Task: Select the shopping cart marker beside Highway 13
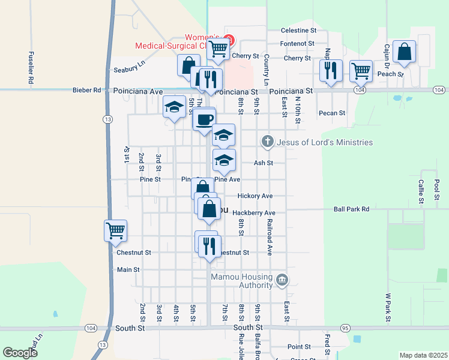pyautogui.click(x=115, y=230)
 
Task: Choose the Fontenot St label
pyautogui.click(x=298, y=43)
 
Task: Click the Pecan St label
pyautogui.click(x=332, y=113)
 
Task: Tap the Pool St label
pyautogui.click(x=436, y=187)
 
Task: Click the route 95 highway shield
pyautogui.click(x=345, y=328)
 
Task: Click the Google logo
pyautogui.click(x=20, y=353)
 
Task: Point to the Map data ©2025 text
pyautogui.click(x=423, y=355)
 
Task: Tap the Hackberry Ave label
pyautogui.click(x=254, y=212)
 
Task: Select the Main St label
pyautogui.click(x=128, y=270)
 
